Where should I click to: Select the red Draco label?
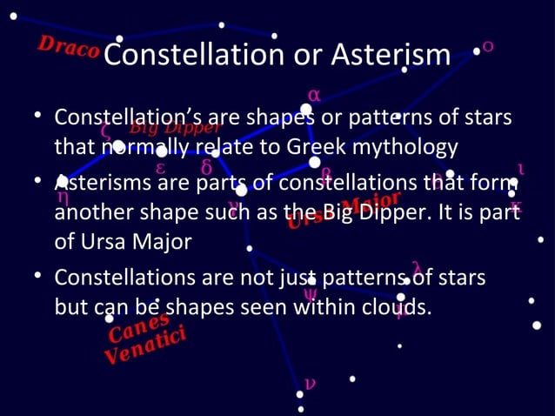[x=68, y=47]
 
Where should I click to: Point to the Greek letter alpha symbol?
[x=313, y=94]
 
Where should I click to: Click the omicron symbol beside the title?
[x=489, y=45]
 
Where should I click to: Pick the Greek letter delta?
[x=206, y=165]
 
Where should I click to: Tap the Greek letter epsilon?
[x=161, y=167]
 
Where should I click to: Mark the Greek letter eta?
[x=63, y=197]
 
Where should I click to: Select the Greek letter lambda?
[x=417, y=265]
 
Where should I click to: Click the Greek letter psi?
[x=310, y=294]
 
